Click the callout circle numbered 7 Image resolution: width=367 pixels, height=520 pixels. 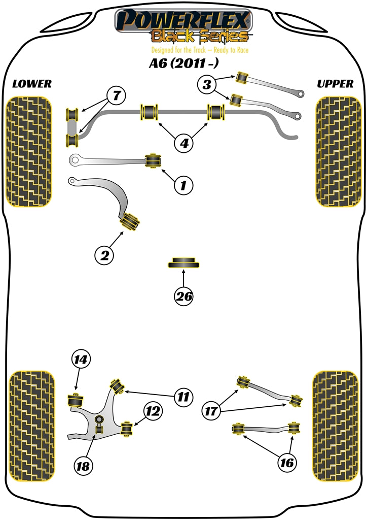point(116,95)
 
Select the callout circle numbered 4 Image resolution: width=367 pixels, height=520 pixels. point(184,144)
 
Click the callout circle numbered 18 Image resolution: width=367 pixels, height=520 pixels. point(85,465)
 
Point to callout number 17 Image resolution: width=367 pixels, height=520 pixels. point(213,410)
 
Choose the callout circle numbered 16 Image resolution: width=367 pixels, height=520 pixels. point(287,462)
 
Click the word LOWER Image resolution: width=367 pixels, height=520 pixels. point(31,84)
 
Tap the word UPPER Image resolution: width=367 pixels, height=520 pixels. point(335,84)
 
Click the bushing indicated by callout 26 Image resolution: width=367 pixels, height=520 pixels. point(183,263)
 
